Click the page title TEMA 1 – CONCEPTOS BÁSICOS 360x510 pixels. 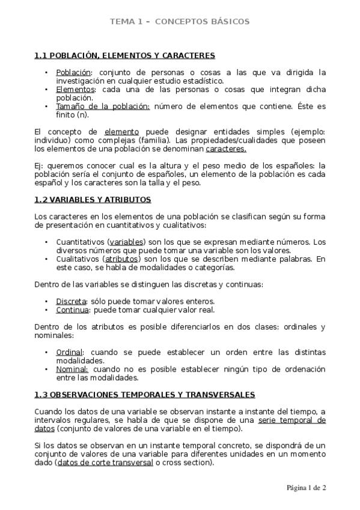[x=179, y=22]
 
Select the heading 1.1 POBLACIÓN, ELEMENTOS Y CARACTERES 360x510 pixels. [x=124, y=56]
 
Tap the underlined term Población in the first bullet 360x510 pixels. [x=70, y=72]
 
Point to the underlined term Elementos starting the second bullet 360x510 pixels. [x=71, y=90]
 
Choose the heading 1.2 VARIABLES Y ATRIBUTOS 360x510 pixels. [x=93, y=200]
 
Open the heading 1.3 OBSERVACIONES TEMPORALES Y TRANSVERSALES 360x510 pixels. [x=144, y=395]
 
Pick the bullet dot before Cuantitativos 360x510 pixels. [x=47, y=242]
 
